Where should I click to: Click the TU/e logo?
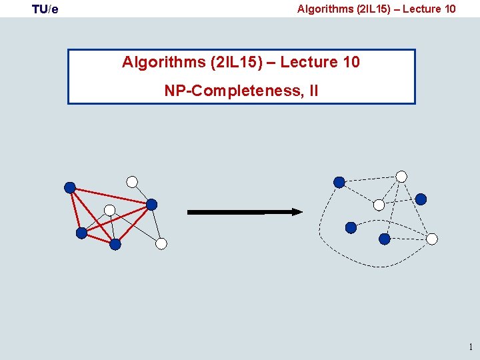pos(45,9)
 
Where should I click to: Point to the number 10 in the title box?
pos(351,62)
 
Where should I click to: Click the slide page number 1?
pos(471,347)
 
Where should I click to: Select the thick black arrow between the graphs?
pos(244,212)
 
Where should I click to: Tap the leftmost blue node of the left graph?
pos(70,187)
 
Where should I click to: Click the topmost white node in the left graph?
pos(132,181)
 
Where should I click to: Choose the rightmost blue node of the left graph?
pos(151,204)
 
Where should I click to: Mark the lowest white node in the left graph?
pos(161,244)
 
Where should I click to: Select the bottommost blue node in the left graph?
pos(115,245)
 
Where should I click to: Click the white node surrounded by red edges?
pos(109,210)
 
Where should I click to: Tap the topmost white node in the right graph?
pos(401,177)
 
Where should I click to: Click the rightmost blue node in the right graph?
pos(421,199)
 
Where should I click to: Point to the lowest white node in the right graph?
pos(432,239)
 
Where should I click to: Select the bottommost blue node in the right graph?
pos(385,239)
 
